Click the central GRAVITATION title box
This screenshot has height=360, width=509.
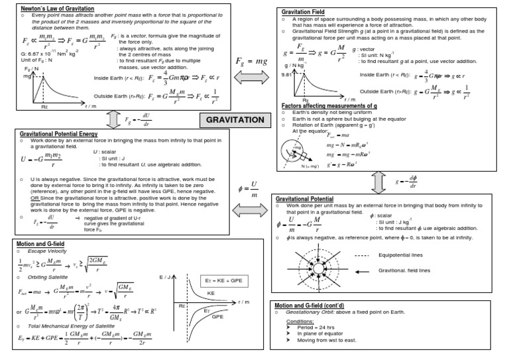click(235, 120)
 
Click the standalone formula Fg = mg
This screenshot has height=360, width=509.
click(252, 61)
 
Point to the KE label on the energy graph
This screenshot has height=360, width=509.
click(211, 292)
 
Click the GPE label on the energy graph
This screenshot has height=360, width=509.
click(217, 317)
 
